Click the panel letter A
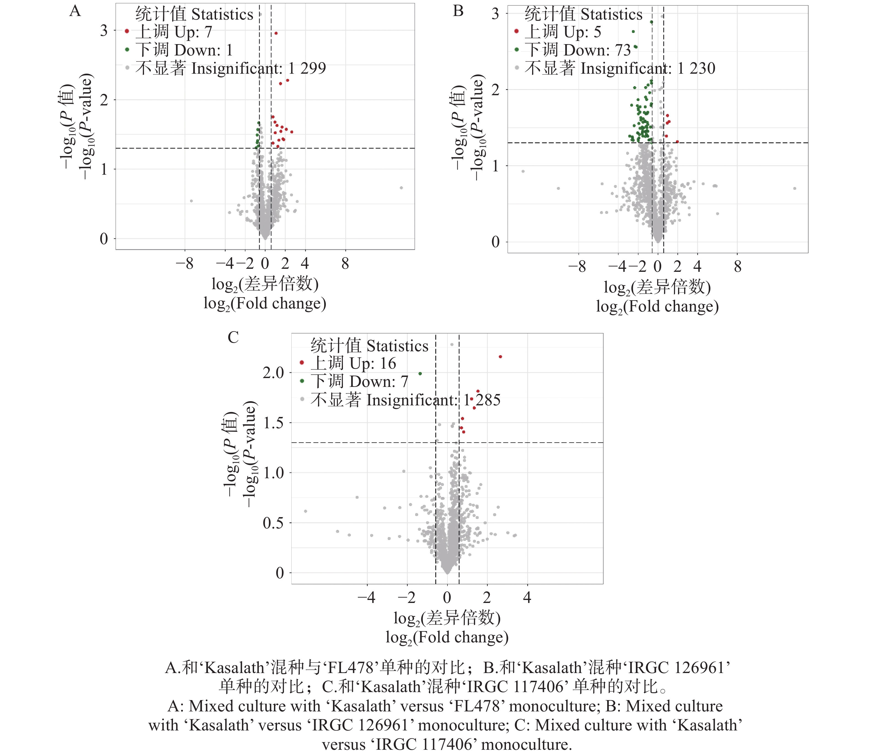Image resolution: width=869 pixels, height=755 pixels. click(x=75, y=11)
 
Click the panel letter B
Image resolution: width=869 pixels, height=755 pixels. click(x=458, y=11)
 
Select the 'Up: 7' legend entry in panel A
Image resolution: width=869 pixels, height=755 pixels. click(x=173, y=32)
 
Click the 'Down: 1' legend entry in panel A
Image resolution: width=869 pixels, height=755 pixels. click(x=184, y=50)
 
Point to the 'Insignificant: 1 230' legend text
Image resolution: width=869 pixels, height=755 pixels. click(x=619, y=68)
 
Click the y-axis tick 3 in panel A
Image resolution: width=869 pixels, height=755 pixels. click(x=104, y=30)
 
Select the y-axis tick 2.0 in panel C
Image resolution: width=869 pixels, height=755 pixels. click(x=273, y=373)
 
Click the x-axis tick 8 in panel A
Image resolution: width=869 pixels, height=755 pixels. click(x=345, y=264)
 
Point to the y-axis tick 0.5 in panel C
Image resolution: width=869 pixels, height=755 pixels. click(x=273, y=523)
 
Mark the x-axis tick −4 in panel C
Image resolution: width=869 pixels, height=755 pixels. click(x=366, y=597)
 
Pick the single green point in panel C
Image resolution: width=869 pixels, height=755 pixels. click(x=420, y=374)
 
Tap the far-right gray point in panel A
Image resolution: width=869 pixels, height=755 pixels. click(x=401, y=188)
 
